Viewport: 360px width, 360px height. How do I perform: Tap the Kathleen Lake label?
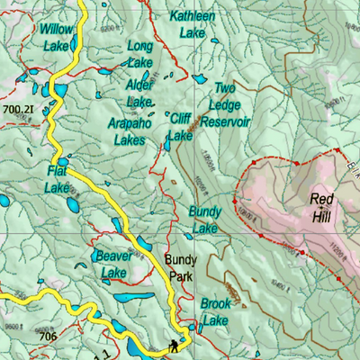pyautogui.click(x=192, y=24)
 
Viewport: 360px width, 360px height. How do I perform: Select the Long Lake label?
pyautogui.click(x=139, y=54)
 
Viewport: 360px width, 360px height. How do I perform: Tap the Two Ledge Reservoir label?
pyautogui.click(x=224, y=104)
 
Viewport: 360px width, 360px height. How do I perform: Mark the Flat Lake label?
pyautogui.click(x=58, y=180)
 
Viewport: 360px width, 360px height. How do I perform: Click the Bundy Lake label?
pyautogui.click(x=204, y=220)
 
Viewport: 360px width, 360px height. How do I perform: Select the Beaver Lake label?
pyautogui.click(x=114, y=264)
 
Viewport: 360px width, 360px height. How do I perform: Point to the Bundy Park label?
pyautogui.click(x=181, y=267)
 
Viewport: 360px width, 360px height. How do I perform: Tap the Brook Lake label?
pyautogui.click(x=216, y=312)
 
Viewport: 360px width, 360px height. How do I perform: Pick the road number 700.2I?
pyautogui.click(x=18, y=110)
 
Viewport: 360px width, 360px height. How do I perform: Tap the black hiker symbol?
pyautogui.click(x=172, y=345)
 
